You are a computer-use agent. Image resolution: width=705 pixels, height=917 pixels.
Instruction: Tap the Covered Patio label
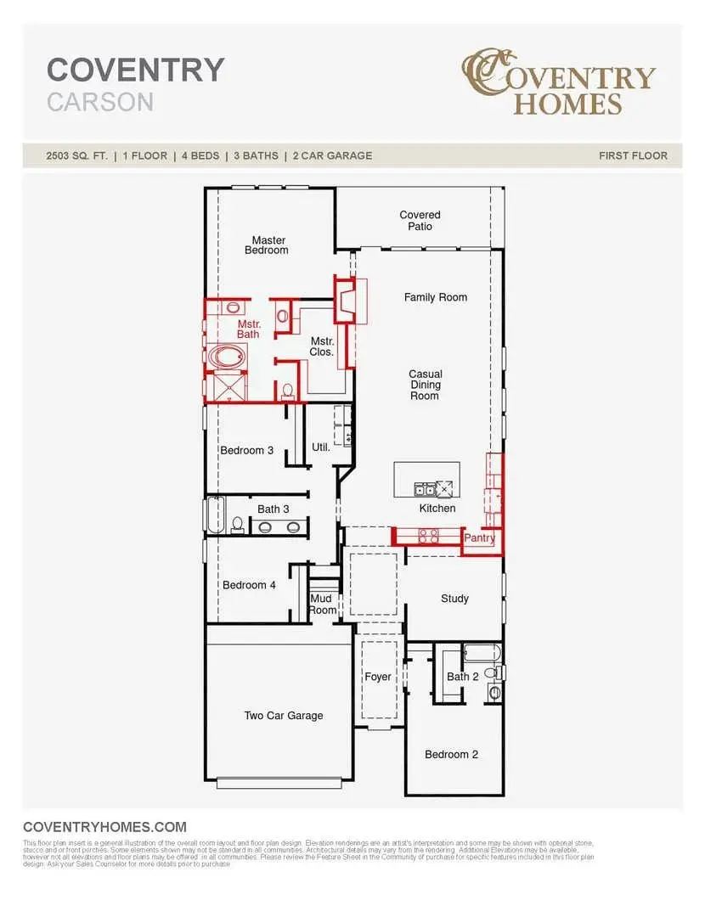click(420, 221)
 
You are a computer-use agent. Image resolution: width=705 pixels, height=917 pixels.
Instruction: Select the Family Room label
click(435, 297)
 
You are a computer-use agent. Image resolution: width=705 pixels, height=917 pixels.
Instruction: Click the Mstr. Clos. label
click(321, 346)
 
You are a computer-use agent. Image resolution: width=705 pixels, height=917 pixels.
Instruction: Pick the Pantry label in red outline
click(480, 538)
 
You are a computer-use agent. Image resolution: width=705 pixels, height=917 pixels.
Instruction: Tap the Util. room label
click(320, 447)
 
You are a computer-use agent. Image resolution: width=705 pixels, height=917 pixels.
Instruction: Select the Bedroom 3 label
click(246, 450)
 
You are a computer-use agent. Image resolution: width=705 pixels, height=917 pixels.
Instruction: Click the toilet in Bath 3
click(238, 525)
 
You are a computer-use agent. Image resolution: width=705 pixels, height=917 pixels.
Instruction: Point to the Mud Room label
click(323, 604)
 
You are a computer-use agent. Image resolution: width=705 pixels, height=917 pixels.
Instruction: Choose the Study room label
click(454, 599)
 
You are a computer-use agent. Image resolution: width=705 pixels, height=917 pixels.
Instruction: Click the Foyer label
click(378, 677)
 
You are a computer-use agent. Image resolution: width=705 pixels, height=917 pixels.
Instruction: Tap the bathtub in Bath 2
click(482, 654)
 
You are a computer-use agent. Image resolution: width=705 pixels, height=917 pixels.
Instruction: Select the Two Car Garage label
click(284, 716)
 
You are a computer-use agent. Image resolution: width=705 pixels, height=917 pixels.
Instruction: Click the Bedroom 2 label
click(451, 754)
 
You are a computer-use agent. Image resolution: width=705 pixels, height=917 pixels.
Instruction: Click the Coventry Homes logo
click(558, 83)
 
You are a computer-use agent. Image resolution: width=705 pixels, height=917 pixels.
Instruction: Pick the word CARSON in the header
click(100, 103)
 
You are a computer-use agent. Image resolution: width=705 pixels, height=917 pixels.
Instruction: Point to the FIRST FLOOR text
click(633, 155)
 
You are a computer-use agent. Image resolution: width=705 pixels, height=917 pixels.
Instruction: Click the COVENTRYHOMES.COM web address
click(104, 826)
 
